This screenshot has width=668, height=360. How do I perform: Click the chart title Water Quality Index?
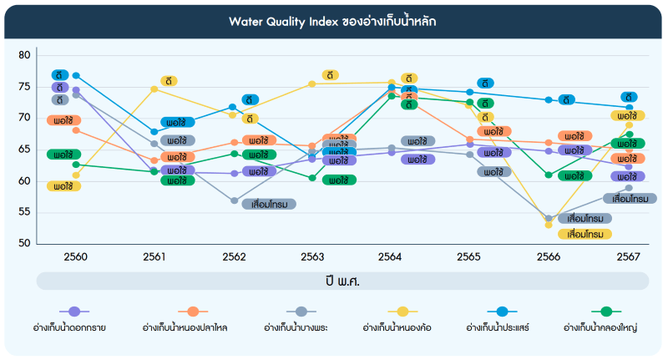tap(333, 21)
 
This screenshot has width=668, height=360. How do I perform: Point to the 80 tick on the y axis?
tap(24, 56)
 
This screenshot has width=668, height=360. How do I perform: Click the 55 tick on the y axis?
tap(24, 212)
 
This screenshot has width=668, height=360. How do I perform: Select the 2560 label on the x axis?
tap(76, 256)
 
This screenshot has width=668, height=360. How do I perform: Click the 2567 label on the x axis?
tap(629, 256)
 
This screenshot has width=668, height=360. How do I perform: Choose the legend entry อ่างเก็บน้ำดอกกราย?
tap(74, 327)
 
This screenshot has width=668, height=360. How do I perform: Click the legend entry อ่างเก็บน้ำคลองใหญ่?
tap(600, 327)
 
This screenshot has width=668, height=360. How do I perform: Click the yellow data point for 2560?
tap(76, 175)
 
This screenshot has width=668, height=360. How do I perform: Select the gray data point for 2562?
tap(235, 200)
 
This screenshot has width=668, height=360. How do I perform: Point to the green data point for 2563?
tap(312, 178)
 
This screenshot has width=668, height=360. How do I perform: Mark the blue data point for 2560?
tap(76, 76)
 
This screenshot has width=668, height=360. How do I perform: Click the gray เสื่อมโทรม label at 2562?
tap(269, 204)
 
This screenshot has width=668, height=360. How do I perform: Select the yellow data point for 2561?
tap(154, 89)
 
